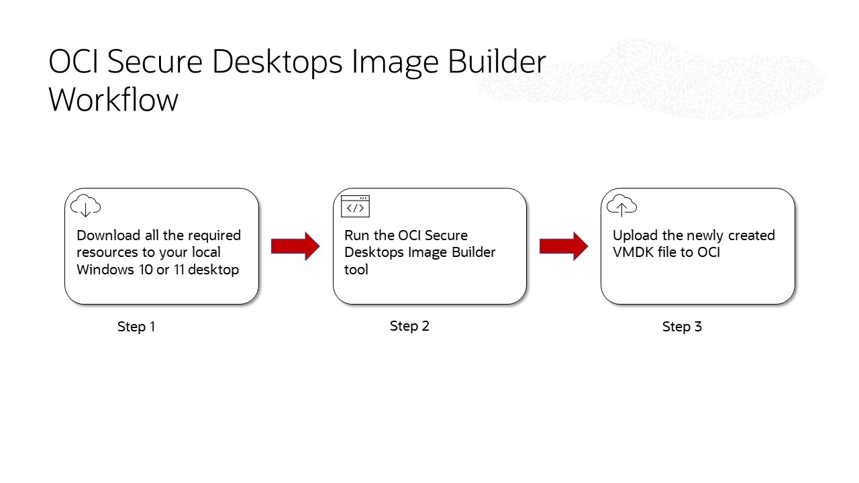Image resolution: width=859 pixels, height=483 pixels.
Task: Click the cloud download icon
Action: [85, 205]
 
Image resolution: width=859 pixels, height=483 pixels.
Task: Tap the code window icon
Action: [355, 206]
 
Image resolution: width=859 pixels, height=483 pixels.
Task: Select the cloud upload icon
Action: [621, 205]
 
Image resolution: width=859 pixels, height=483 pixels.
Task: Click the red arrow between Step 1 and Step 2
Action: [295, 246]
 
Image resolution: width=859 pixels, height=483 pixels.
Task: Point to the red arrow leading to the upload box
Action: [564, 246]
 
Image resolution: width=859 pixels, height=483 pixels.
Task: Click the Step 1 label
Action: [136, 327]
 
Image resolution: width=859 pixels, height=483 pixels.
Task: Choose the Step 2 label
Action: [409, 326]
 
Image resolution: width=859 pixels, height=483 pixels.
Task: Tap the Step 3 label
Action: [682, 327]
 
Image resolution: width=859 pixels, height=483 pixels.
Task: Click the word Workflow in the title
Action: [113, 100]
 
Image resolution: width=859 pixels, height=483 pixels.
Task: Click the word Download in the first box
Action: [109, 235]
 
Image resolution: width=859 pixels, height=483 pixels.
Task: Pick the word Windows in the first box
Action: [105, 270]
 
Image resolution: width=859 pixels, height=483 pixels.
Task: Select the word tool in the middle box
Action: [356, 270]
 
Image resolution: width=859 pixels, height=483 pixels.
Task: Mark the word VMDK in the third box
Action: [633, 253]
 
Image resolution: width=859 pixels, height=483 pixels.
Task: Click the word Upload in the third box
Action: [634, 235]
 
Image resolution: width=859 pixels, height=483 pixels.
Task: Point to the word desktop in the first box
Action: [214, 270]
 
